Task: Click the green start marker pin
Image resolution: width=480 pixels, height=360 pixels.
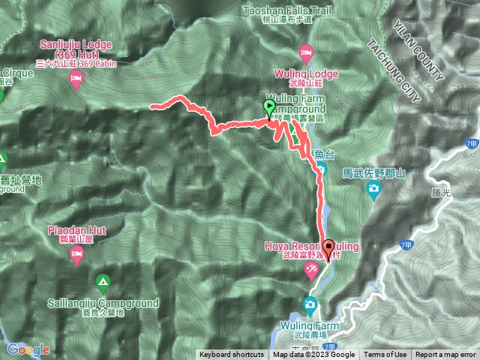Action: pos(268,109)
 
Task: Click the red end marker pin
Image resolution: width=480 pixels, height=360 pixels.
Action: pos(328,248)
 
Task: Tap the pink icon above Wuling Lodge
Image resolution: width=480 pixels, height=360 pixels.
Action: pos(306,52)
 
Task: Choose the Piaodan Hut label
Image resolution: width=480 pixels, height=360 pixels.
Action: pos(76,229)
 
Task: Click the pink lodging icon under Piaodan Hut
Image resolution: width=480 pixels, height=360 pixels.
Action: pos(76,256)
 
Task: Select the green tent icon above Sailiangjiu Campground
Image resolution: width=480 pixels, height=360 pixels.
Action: pos(103,283)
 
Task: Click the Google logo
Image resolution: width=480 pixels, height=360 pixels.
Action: pos(28,349)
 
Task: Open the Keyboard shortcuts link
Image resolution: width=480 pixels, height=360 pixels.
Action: pos(231,355)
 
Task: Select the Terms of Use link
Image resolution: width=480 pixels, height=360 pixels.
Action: pos(385,355)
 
